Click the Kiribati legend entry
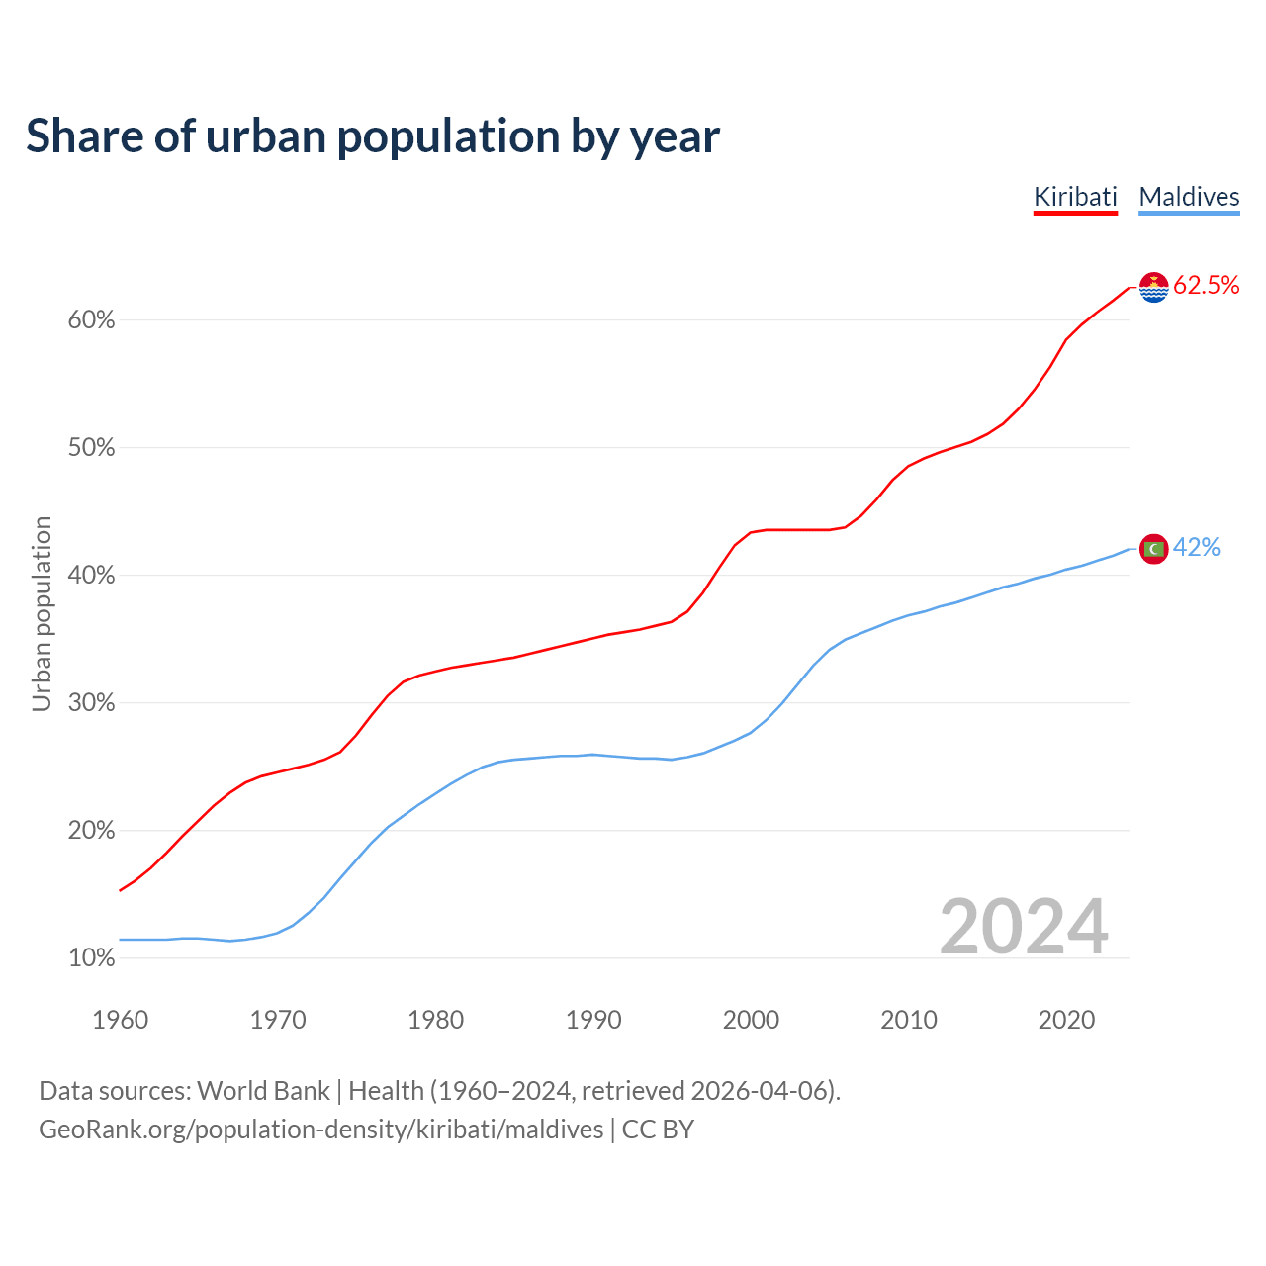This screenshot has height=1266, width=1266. [1075, 197]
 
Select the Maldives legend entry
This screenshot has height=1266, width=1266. [1189, 197]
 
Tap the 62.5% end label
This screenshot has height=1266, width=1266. [1206, 286]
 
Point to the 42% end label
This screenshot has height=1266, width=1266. [1197, 548]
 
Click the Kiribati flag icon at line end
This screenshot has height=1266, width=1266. [1153, 287]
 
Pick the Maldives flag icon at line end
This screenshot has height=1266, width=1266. [1153, 548]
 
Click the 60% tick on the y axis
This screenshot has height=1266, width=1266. [91, 320]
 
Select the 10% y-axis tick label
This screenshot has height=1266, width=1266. [91, 958]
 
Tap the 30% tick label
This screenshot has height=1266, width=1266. [91, 703]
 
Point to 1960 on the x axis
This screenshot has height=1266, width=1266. [120, 1020]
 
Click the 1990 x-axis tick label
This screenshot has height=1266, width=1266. [593, 1020]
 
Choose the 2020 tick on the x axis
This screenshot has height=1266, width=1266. [1066, 1020]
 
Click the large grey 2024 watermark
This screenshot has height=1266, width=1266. [1024, 927]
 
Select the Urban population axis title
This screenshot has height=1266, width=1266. [42, 613]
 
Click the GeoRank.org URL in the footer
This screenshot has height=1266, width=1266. [320, 1130]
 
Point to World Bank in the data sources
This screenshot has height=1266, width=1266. [263, 1091]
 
